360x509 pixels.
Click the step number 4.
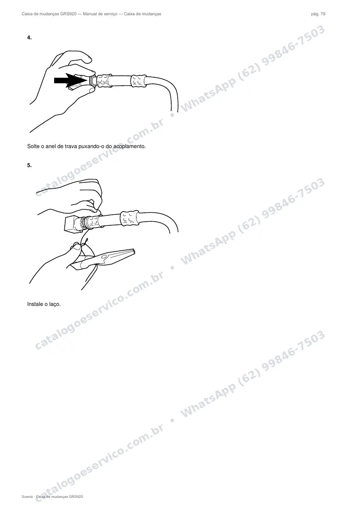pyautogui.click(x=29, y=37)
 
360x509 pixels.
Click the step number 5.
pyautogui.click(x=29, y=165)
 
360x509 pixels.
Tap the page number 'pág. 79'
pyautogui.click(x=318, y=14)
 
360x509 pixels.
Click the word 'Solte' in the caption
pyautogui.click(x=33, y=146)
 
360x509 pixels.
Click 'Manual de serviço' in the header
pyautogui.click(x=100, y=14)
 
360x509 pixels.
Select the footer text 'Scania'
pyautogui.click(x=27, y=497)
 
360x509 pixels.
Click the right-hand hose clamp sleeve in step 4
pyautogui.click(x=139, y=81)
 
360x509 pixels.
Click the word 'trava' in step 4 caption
pyautogui.click(x=71, y=146)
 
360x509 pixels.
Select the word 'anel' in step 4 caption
pyautogui.click(x=50, y=146)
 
